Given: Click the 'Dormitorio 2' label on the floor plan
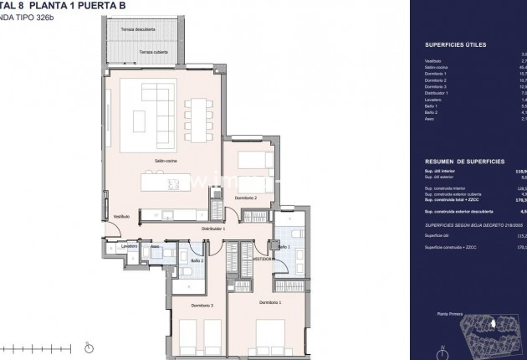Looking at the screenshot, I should [245, 197].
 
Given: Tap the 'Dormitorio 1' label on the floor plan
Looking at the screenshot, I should [269, 301].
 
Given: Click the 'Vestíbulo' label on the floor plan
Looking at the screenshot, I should [122, 217].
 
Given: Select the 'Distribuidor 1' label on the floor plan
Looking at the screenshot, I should [213, 228].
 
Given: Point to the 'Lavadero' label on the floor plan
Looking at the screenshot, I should [129, 247].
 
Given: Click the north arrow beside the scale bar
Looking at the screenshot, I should [89, 345].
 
